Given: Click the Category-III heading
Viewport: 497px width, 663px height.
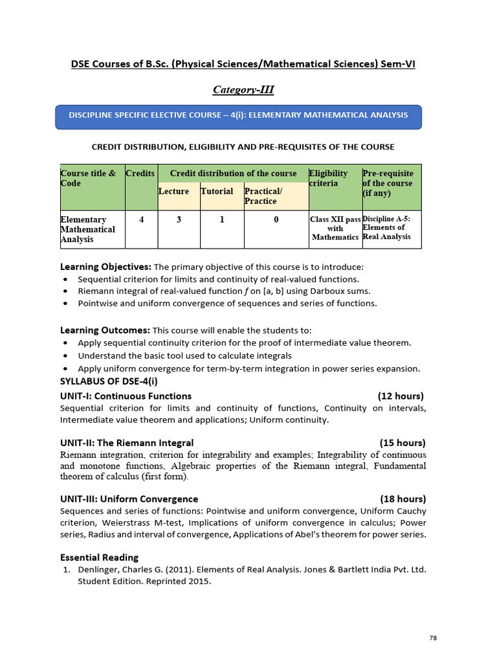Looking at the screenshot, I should point(248,89).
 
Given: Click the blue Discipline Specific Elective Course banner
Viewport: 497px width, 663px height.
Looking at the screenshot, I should point(239,115).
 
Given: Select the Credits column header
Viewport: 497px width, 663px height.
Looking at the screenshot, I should point(140,174).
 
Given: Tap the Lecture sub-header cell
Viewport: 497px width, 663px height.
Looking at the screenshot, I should point(173,192).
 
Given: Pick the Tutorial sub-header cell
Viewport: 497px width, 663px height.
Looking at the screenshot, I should point(217,192).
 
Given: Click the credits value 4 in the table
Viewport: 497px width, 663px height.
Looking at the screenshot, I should point(142,219).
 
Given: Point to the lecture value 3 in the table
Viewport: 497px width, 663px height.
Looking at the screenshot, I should point(179,219).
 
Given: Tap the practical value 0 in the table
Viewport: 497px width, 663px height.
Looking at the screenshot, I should point(276,219).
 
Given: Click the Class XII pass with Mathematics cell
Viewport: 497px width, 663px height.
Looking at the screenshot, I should point(335,229).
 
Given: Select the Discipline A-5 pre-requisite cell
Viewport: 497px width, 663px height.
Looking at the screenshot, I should point(387,228).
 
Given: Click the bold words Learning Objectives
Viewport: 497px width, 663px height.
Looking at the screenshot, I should point(105,267).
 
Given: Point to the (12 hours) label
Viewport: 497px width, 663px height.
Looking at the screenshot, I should point(401,396).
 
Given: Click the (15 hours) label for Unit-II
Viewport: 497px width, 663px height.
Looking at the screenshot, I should point(403,444).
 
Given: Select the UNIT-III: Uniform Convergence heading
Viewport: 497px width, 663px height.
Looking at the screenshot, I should point(129,499).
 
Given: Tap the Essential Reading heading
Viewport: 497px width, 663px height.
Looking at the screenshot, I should point(99,557).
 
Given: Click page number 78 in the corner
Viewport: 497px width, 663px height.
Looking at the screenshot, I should point(433,638).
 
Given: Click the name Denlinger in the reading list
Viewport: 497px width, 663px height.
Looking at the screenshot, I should point(98,570).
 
